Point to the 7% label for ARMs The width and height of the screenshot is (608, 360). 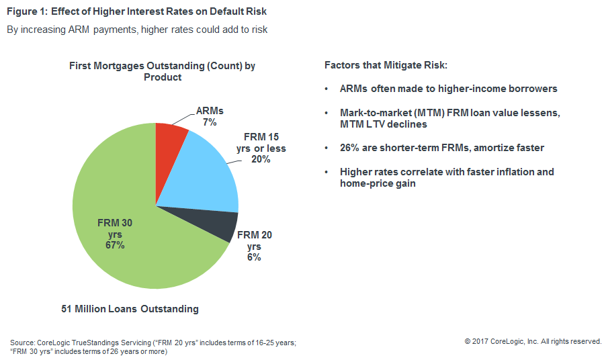(210, 122)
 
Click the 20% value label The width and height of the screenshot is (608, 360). (261, 159)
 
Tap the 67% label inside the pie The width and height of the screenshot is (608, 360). (114, 245)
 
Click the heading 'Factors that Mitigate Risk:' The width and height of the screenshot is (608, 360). (385, 66)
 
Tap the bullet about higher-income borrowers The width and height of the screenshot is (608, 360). (448, 89)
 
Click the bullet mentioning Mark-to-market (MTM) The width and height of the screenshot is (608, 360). (450, 118)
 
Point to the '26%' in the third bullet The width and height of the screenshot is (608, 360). (350, 148)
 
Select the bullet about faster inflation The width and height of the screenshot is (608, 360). (447, 177)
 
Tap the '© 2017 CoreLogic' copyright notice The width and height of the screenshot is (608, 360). (533, 341)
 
